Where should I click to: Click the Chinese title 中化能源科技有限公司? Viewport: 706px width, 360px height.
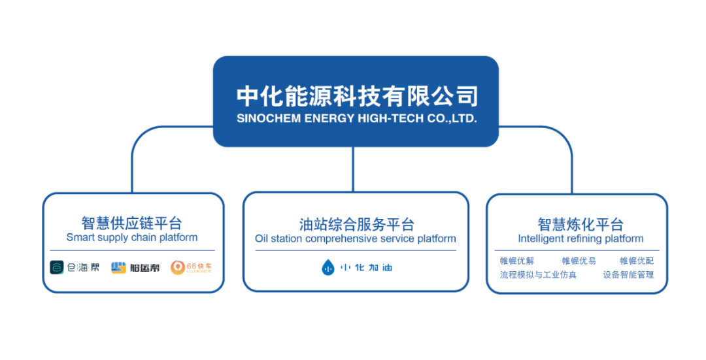356,97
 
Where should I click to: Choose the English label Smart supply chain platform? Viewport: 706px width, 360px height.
132,238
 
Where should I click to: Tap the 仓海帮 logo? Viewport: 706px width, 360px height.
75,267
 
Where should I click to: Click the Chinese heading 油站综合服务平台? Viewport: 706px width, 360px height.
356,224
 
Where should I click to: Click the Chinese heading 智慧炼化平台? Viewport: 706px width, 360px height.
580,224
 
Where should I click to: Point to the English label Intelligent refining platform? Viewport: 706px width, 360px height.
580,239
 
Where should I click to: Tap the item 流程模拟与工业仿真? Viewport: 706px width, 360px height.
538,275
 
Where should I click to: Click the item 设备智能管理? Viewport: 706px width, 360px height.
628,275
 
